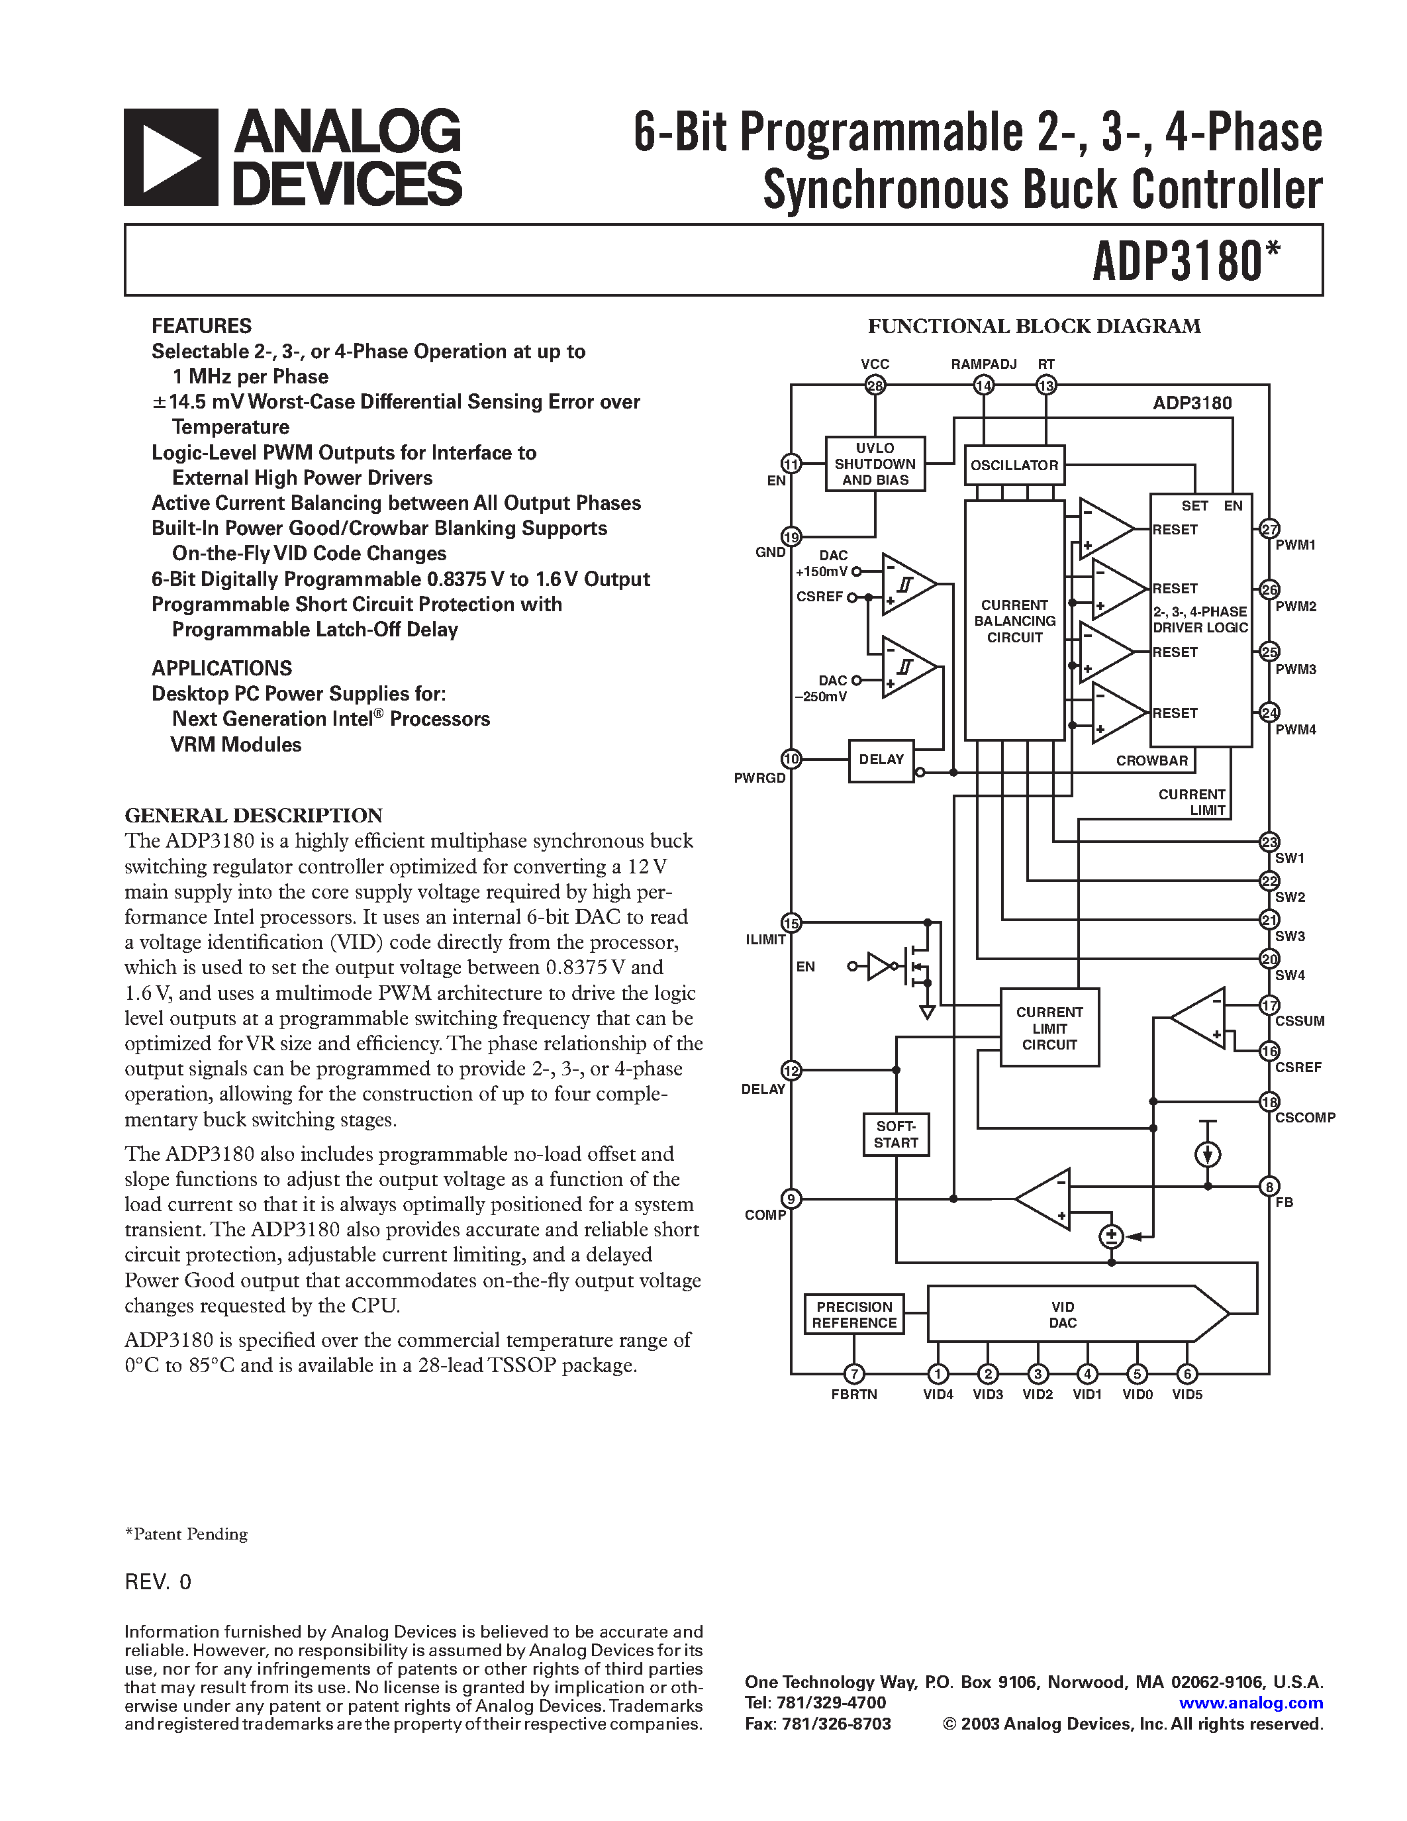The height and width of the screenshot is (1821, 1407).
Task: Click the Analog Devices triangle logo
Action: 171,158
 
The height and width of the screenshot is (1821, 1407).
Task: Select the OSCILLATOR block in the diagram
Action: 1014,466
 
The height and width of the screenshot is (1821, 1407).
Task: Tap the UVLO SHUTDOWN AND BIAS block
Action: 875,464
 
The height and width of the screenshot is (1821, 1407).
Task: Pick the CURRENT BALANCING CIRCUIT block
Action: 1014,620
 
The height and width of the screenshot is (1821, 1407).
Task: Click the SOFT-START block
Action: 895,1134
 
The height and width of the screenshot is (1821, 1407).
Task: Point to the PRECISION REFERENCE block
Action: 853,1314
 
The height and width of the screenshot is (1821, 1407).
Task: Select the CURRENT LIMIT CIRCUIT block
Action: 1049,1027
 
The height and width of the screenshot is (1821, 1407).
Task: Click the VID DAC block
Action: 1063,1314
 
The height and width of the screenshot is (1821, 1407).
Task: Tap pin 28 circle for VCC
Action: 875,385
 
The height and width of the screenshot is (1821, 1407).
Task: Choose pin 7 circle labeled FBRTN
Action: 853,1373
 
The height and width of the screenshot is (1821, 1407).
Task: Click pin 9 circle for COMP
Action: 790,1199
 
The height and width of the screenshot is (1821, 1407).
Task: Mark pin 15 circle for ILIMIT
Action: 790,923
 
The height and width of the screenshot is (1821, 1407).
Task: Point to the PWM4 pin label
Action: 1295,730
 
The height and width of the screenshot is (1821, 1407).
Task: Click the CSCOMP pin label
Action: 1304,1117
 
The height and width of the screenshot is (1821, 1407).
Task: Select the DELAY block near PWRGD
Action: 881,760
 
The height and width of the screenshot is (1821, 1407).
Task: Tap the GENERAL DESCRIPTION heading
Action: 254,814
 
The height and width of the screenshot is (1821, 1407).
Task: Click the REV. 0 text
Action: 158,1582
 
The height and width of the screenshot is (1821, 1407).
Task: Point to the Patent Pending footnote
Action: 186,1534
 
